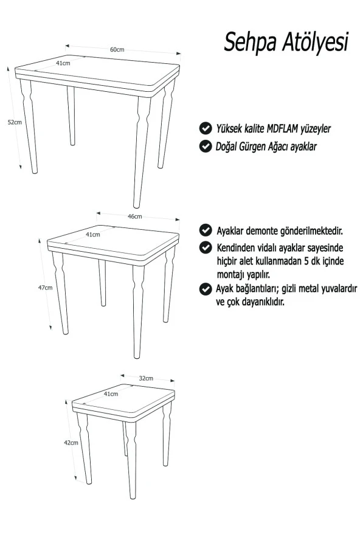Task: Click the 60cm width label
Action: (117, 50)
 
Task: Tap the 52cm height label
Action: (15, 122)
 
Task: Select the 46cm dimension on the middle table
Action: (135, 216)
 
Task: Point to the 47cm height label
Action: (45, 287)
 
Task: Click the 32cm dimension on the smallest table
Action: (146, 378)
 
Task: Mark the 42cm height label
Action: (71, 443)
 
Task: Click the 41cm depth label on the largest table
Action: (63, 63)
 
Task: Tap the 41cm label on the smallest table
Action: (111, 393)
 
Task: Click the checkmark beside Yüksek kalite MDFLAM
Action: (206, 128)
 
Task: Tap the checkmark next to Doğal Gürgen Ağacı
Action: (206, 146)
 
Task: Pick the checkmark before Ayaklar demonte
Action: (206, 230)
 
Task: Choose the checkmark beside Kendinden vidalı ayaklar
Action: (206, 247)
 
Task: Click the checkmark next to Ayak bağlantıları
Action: (206, 289)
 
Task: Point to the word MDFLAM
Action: (283, 128)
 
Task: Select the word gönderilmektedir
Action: (311, 230)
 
